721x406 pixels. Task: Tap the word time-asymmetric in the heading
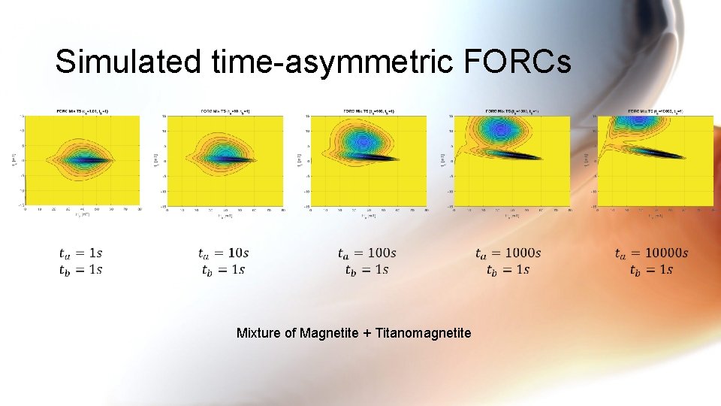click(x=328, y=62)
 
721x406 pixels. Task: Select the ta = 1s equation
click(x=80, y=253)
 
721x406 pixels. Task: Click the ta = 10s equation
click(x=223, y=253)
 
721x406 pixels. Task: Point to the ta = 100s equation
click(x=367, y=253)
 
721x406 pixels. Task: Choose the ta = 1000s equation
click(x=508, y=253)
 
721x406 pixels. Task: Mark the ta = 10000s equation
click(x=650, y=253)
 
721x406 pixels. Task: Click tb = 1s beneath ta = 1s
click(x=80, y=269)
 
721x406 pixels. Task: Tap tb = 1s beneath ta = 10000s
click(x=650, y=270)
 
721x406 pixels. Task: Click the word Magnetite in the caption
click(x=329, y=332)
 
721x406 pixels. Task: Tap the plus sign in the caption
click(x=367, y=332)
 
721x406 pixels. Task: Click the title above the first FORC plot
click(x=83, y=111)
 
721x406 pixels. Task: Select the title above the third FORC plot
click(x=369, y=111)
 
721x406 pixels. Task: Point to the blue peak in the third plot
click(x=364, y=141)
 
